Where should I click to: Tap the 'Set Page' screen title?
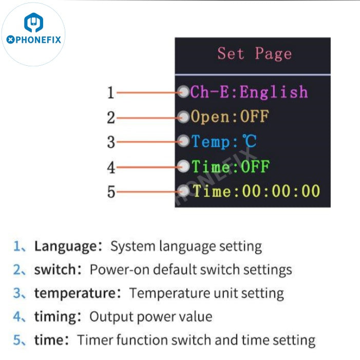[x=254, y=54]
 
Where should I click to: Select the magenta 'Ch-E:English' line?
[x=249, y=92]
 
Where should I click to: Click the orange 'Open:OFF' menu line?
[x=230, y=117]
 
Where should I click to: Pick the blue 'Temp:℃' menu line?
[x=224, y=141]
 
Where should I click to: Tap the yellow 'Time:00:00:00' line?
[x=256, y=191]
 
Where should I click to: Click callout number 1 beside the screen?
[x=110, y=93]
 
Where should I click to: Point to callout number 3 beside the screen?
[x=110, y=142]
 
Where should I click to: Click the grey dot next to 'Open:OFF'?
[x=184, y=117]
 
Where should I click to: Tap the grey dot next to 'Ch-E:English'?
[x=184, y=92]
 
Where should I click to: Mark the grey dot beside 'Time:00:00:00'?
[x=184, y=191]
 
